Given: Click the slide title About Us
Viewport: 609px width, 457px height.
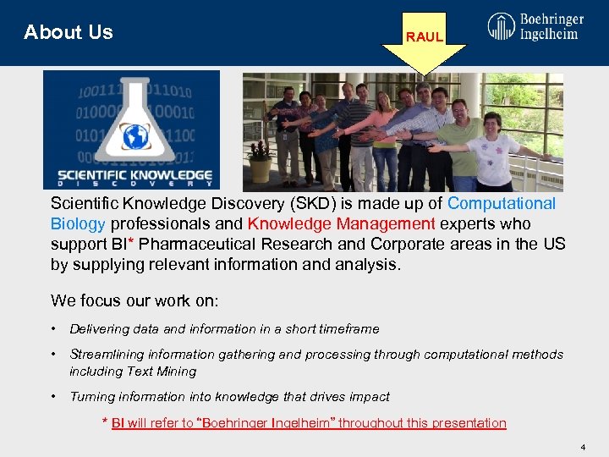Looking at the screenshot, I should pyautogui.click(x=69, y=33).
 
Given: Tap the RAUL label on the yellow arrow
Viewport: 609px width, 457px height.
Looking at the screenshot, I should pyautogui.click(x=424, y=37).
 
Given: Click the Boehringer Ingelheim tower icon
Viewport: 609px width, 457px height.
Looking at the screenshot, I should pyautogui.click(x=501, y=26).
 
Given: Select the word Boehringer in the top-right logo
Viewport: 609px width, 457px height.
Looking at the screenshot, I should pyautogui.click(x=551, y=19).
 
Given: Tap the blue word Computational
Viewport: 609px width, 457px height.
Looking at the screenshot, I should pyautogui.click(x=502, y=204).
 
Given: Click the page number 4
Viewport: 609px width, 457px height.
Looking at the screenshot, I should pyautogui.click(x=583, y=445).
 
